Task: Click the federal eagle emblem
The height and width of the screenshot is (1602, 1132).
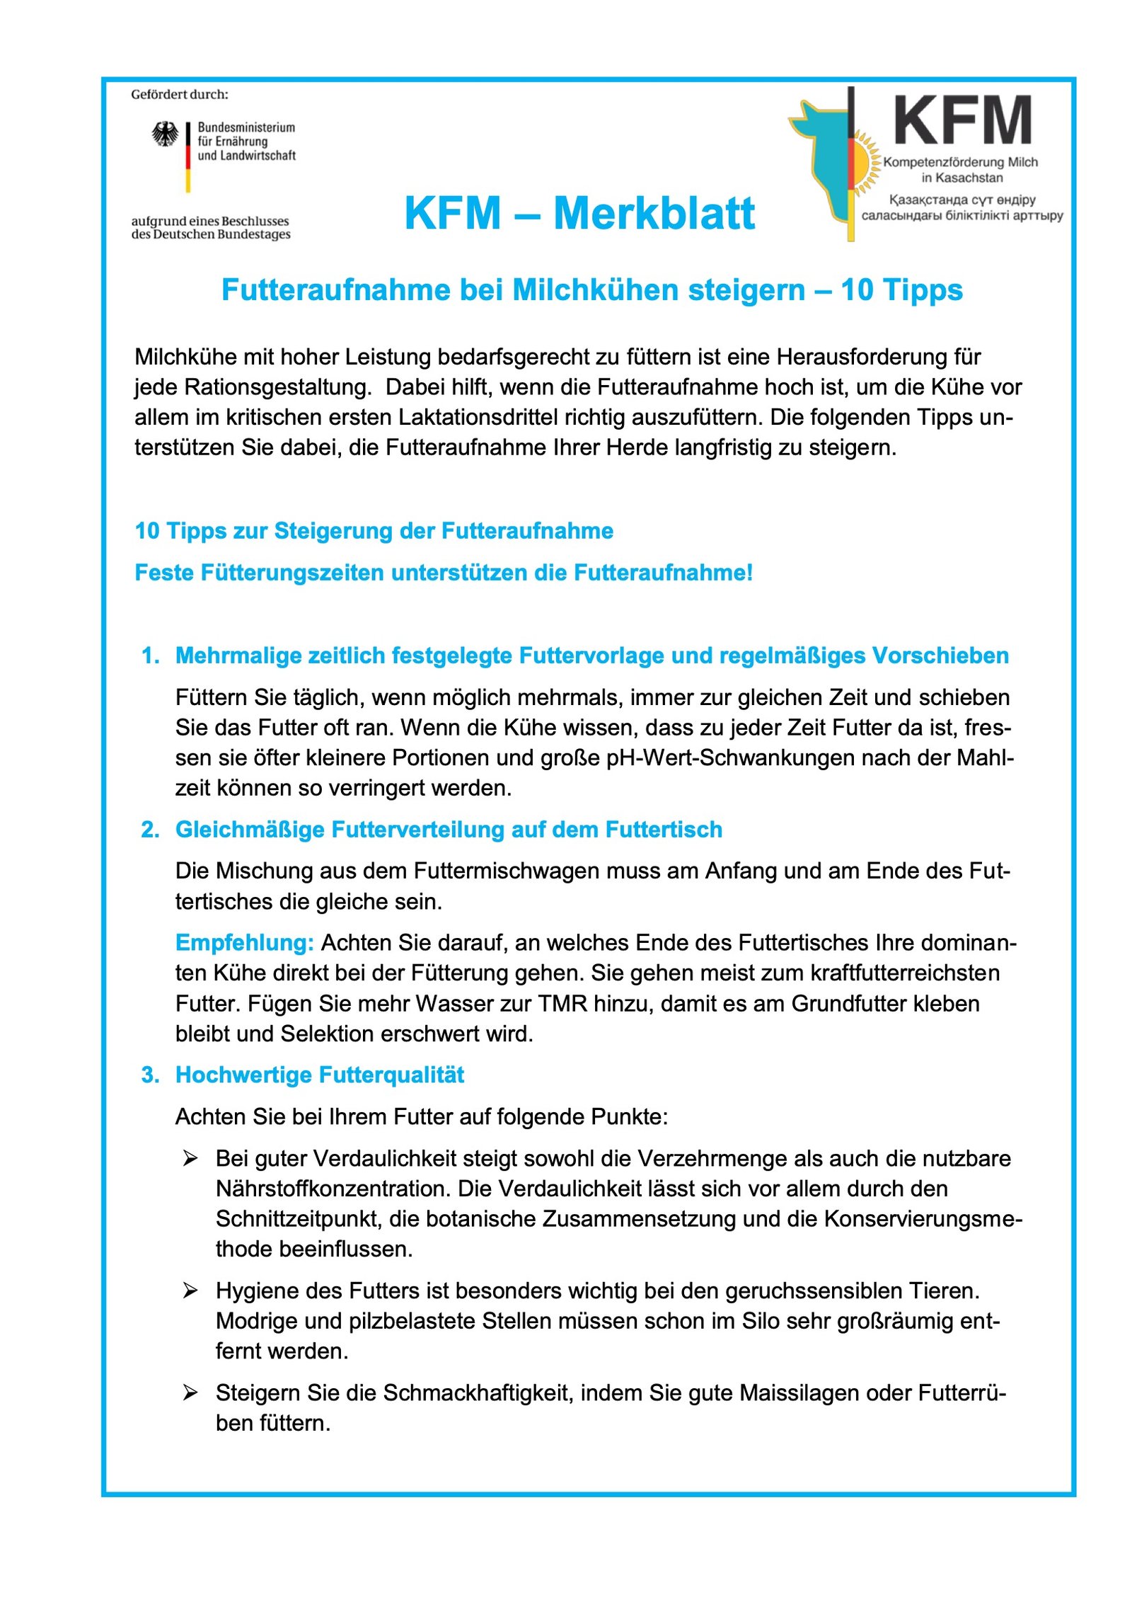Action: coord(165,133)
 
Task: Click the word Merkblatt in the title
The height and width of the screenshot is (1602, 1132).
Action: coord(654,213)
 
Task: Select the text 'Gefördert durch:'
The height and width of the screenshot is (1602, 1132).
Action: coord(180,94)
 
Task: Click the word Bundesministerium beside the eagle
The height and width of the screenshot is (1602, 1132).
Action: coord(246,127)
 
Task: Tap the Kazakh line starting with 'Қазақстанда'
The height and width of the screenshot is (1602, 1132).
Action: coord(961,200)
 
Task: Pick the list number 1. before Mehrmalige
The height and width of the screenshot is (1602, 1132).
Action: coord(150,656)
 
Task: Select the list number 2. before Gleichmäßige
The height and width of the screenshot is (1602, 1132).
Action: coord(150,829)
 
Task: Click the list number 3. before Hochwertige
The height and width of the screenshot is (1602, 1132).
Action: coord(150,1075)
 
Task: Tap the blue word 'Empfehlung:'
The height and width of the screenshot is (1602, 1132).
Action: coord(244,942)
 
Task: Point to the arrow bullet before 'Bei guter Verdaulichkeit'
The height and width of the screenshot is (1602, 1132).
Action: coord(190,1158)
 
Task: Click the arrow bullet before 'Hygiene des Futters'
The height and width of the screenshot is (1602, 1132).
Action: coord(190,1291)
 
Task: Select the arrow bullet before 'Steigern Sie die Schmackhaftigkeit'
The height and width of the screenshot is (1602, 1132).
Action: coord(190,1392)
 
